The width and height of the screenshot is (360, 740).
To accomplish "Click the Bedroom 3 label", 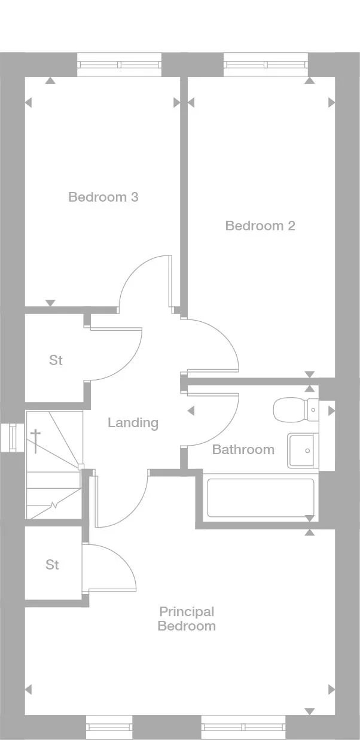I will click(103, 197).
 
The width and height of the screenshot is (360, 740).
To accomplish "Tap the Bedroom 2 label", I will click(260, 226).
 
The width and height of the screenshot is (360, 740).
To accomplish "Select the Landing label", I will click(133, 423).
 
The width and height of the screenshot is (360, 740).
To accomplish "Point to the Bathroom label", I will click(243, 449).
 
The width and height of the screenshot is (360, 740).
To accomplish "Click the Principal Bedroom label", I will click(187, 619).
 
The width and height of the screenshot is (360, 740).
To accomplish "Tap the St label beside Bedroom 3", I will click(56, 360).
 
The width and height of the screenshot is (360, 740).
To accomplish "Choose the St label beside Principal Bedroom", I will click(53, 565).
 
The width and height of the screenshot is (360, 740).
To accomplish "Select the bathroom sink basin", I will click(303, 450).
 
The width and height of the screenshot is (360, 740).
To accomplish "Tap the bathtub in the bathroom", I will click(260, 498).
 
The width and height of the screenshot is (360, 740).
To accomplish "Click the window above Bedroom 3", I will click(119, 65).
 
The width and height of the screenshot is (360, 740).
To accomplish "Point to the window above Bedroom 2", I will click(266, 65).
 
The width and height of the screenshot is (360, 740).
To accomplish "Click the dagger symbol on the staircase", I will click(36, 439).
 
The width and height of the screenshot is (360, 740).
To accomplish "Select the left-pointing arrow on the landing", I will click(191, 411).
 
